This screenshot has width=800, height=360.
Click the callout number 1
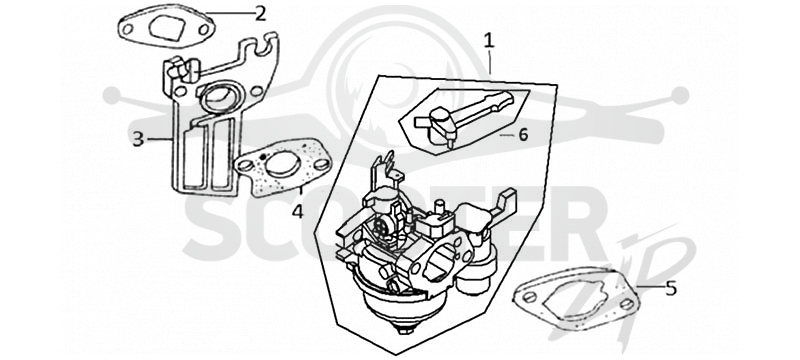click(x=489, y=40)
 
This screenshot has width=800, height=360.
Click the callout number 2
click(x=261, y=14)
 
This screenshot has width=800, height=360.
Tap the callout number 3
click(x=138, y=139)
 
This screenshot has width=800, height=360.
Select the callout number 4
click(x=297, y=210)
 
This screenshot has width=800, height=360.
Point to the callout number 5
click(x=671, y=288)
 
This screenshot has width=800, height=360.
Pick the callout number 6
click(x=523, y=135)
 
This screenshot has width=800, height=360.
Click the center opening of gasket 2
click(x=167, y=29)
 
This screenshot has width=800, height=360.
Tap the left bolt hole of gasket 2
click(x=128, y=29)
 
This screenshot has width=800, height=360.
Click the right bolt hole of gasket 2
click(x=204, y=30)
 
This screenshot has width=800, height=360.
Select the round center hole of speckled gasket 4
click(x=283, y=166)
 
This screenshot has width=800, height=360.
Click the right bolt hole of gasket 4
click(x=321, y=164)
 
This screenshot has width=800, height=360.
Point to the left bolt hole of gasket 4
click(x=245, y=165)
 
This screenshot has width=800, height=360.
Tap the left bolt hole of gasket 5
click(x=530, y=297)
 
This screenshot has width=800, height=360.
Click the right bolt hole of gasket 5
click(x=627, y=304)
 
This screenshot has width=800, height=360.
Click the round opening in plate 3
click(x=219, y=98)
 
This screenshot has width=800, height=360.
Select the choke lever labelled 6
click(x=464, y=118)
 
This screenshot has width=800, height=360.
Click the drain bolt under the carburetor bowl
click(x=405, y=328)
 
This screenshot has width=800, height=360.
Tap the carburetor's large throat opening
click(x=439, y=262)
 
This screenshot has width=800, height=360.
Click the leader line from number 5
click(x=650, y=287)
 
